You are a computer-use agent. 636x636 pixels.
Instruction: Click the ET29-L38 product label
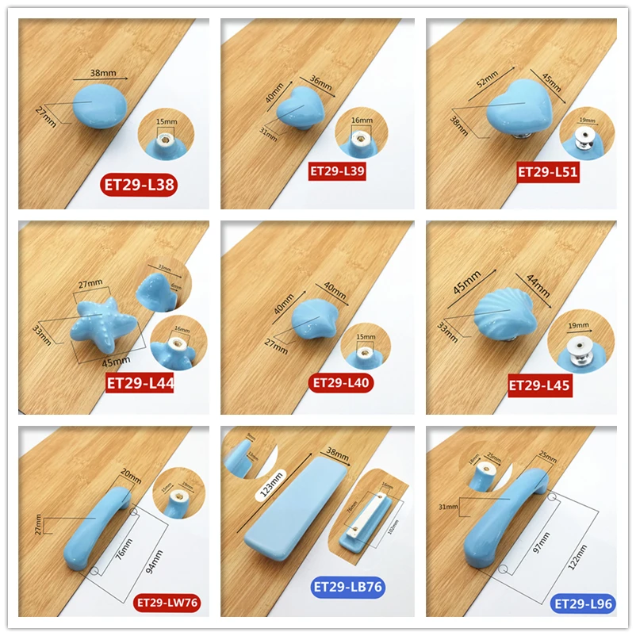click(x=139, y=186)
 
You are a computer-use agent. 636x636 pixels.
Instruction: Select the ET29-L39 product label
click(x=338, y=170)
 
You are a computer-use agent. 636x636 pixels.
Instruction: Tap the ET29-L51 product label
click(x=548, y=171)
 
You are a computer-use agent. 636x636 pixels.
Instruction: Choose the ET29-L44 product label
click(x=140, y=385)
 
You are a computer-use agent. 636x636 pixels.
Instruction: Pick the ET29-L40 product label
click(x=341, y=383)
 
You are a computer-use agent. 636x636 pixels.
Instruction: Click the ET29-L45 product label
click(x=540, y=385)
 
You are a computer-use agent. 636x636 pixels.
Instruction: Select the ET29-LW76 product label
click(x=167, y=603)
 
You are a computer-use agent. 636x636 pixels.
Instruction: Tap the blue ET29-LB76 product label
click(x=348, y=588)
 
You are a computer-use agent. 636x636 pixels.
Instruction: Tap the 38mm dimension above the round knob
click(x=103, y=73)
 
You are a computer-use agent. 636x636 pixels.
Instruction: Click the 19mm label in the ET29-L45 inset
click(x=577, y=325)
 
